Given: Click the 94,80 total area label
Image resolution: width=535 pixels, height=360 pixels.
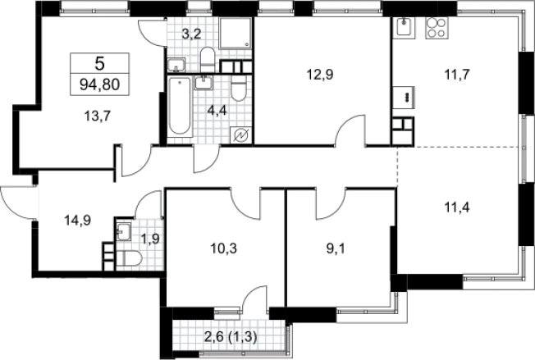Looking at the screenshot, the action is pos(99,84).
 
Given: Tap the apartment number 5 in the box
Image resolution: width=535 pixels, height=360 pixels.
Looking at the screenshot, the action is pos(99,63).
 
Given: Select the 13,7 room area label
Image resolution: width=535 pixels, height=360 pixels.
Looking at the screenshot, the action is pos(97,116).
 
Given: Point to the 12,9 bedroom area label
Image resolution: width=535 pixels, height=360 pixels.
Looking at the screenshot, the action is pos(320,75).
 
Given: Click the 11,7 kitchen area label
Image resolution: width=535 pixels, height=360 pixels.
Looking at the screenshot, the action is pos(457,74).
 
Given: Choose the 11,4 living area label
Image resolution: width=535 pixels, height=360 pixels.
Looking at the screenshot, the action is pos(457,207).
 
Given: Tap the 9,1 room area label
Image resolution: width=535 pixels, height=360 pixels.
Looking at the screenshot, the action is pos(336,248).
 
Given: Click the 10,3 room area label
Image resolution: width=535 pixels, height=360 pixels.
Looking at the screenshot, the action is pos(223,248).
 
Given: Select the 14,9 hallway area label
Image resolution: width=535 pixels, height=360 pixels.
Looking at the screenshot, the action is pos(77,221).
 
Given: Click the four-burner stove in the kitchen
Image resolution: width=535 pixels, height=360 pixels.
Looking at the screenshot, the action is pos(437,27).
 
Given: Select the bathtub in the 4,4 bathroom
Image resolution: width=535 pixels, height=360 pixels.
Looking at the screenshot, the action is pos(180,107).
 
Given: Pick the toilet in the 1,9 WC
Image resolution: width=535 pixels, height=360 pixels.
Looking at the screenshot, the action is pos(129,258).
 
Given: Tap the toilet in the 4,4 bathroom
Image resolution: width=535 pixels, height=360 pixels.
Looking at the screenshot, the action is pos(238,88).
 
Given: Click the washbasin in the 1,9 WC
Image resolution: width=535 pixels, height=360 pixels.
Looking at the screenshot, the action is pos(123,232).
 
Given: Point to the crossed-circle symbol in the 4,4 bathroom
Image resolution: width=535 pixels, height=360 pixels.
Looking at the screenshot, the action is pos(241,135).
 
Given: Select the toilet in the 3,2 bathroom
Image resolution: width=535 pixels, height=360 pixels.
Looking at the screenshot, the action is pos(207,60).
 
